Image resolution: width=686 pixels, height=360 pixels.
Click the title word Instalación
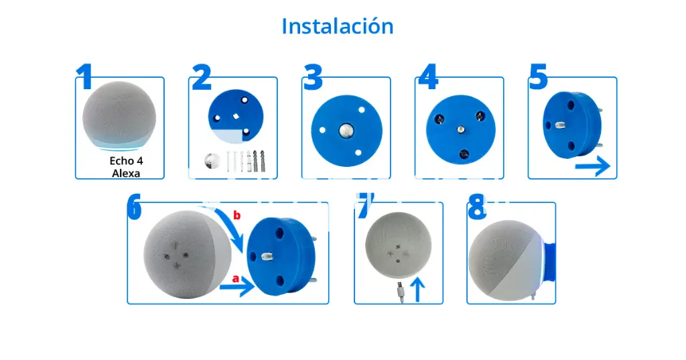[337, 26]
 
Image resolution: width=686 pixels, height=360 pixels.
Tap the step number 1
[84, 78]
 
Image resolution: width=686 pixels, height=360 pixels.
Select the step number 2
[201, 78]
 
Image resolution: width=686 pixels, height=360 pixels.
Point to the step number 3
[313, 78]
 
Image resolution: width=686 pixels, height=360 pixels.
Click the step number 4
[427, 78]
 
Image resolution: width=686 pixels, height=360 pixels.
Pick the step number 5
[539, 78]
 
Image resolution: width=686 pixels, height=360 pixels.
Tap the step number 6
[135, 208]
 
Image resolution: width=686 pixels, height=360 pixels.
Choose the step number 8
[476, 210]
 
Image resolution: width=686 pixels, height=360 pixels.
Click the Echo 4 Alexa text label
[127, 167]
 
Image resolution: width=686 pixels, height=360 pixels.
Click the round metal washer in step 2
[212, 162]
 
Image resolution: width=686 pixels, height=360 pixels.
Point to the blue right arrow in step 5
[594, 166]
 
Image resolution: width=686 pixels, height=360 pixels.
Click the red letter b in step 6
[236, 216]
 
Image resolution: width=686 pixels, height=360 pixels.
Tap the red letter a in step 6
[235, 277]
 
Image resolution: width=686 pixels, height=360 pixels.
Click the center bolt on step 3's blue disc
[346, 129]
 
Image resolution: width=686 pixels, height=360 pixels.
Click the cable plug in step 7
[399, 290]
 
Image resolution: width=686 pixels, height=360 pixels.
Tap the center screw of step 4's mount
[460, 129]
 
